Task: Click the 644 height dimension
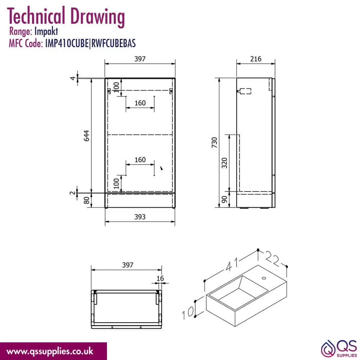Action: (86, 136)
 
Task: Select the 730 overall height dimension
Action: (214, 142)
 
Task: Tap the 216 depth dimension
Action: (256, 59)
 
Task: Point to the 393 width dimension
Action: (140, 217)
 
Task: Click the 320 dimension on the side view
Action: (224, 163)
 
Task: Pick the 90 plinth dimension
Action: (224, 199)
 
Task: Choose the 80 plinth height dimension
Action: (86, 200)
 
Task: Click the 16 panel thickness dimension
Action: (160, 279)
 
